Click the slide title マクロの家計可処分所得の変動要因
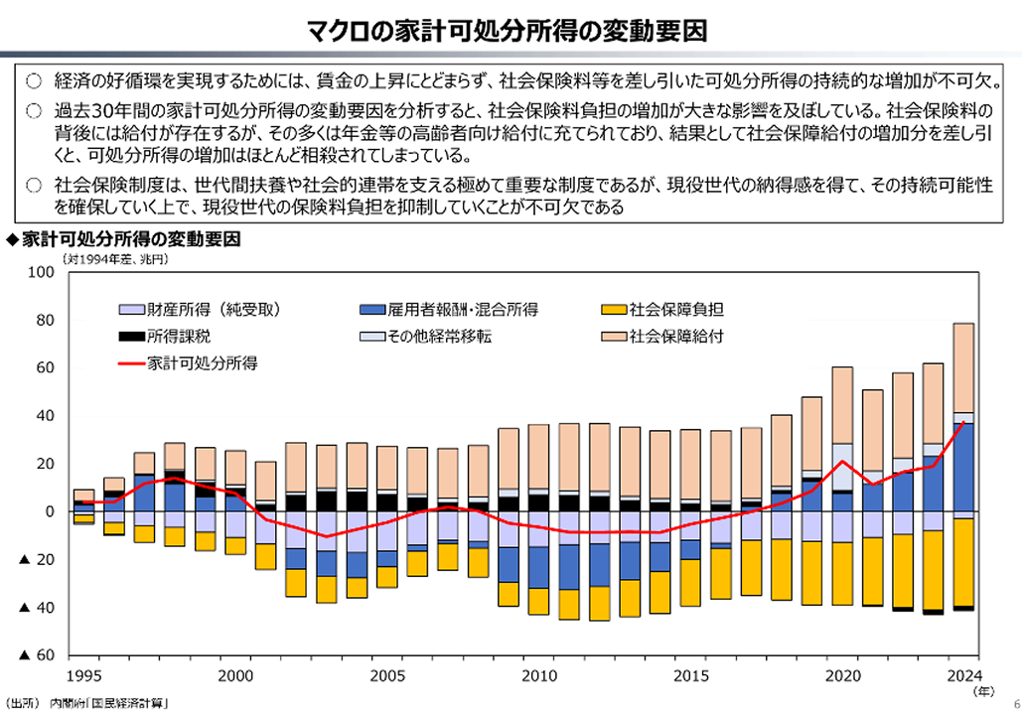tap(511, 29)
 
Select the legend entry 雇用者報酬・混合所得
tap(449, 309)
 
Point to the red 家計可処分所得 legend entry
tap(189, 362)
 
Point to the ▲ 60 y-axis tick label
tap(34, 656)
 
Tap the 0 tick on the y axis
tap(47, 512)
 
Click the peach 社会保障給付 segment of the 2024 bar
tap(962, 367)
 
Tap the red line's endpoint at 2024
tap(962, 423)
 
